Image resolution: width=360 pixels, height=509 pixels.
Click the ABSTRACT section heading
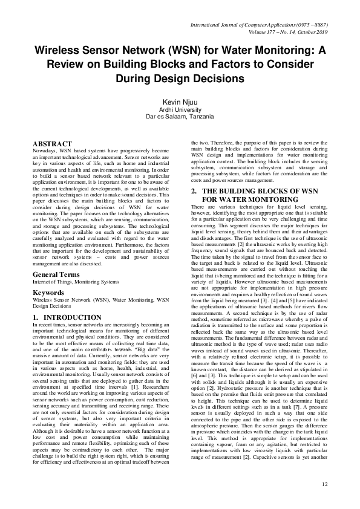coord(53,143)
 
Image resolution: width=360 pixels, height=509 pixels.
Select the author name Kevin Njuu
coord(180,103)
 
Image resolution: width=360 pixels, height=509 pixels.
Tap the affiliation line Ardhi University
coord(180,110)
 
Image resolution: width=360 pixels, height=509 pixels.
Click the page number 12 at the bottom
coord(324,484)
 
